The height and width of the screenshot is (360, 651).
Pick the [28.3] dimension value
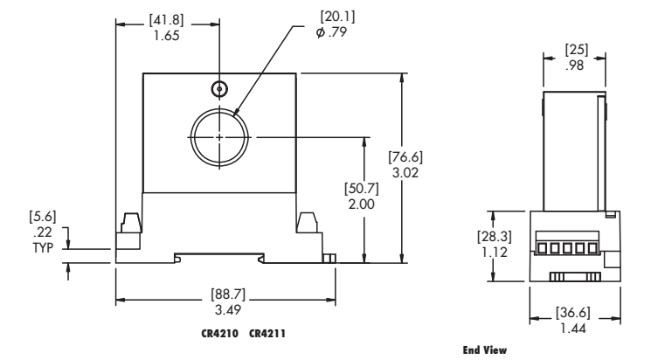(x=492, y=237)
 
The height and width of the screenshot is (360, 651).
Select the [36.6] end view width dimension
(x=574, y=309)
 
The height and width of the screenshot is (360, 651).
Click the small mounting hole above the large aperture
(x=218, y=89)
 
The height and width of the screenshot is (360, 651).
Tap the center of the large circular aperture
(x=218, y=136)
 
